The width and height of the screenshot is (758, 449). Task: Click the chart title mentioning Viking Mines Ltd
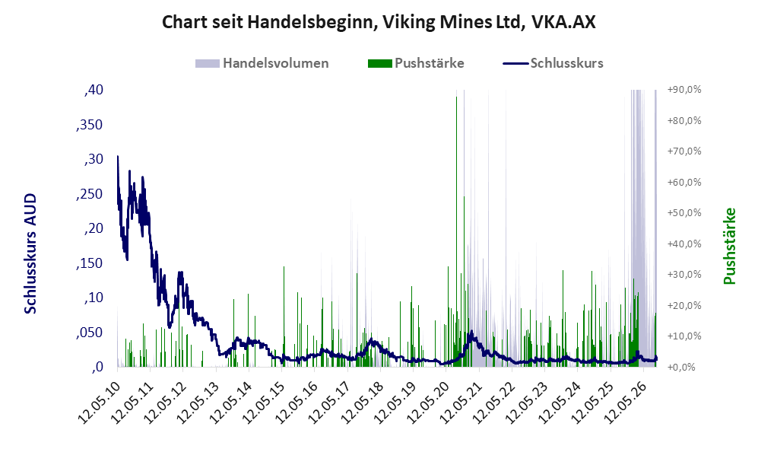379,22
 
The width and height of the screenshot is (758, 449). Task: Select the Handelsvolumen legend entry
262,63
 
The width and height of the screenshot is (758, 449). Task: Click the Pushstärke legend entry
416,63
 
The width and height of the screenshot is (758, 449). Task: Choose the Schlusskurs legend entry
553,63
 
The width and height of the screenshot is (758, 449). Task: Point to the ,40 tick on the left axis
94,90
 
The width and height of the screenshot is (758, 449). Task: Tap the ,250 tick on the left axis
90,194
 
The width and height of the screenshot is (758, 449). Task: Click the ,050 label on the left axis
90,333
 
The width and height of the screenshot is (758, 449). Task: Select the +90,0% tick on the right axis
684,90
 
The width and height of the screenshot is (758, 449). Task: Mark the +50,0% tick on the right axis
684,213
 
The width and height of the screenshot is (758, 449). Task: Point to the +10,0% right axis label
684,336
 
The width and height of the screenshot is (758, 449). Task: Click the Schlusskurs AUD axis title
30,253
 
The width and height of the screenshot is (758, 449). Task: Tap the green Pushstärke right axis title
729,246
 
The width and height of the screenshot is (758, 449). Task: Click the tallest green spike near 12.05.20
456,232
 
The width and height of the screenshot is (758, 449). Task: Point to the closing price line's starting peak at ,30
118,157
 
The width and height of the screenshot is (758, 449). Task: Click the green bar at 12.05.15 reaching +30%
284,317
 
